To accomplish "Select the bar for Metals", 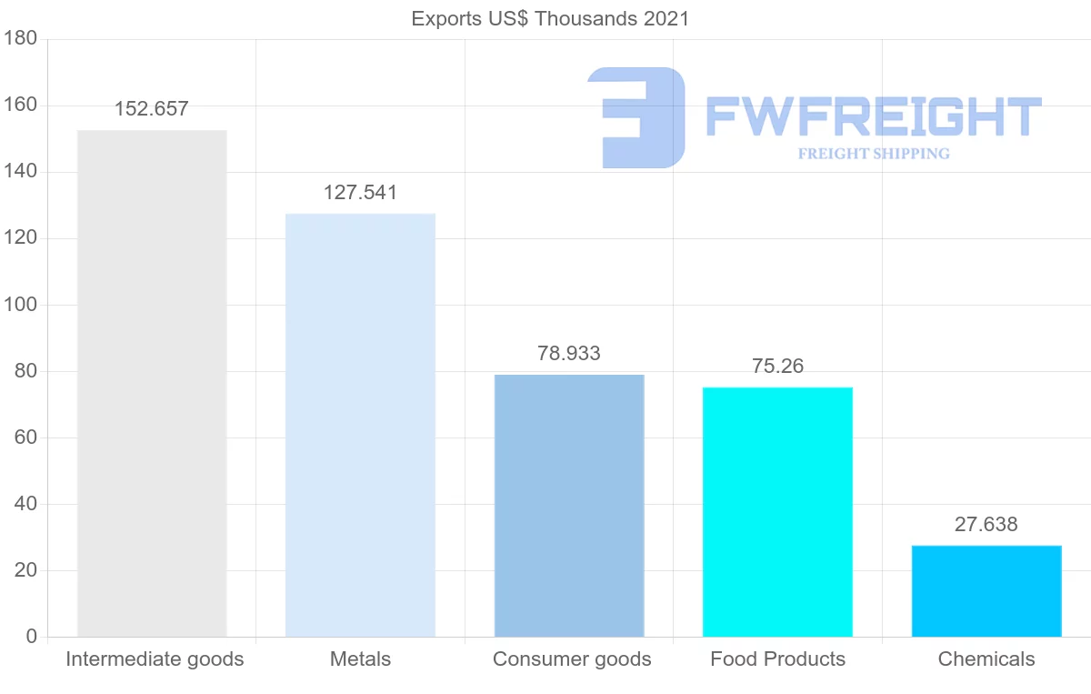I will tap(360, 425).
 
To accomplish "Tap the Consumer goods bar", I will tap(569, 505).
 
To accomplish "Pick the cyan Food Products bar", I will tap(777, 511).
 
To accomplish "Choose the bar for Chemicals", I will tap(986, 590).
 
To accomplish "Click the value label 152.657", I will tap(152, 109).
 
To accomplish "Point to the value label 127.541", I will tap(360, 193).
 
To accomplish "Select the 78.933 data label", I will tap(569, 354).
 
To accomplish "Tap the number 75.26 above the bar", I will tap(777, 366).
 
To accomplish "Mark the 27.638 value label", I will tap(986, 525).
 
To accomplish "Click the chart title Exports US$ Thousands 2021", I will tap(551, 19).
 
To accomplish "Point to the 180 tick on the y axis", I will tap(20, 39).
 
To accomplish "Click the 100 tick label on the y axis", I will tap(20, 305).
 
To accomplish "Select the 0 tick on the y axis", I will tap(32, 637).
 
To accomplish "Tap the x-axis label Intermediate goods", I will tap(155, 659).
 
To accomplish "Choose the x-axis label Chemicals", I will tap(986, 659).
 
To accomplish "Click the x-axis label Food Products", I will tap(777, 659).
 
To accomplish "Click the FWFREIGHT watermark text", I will tap(873, 116).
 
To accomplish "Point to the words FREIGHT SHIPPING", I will tap(874, 154).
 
